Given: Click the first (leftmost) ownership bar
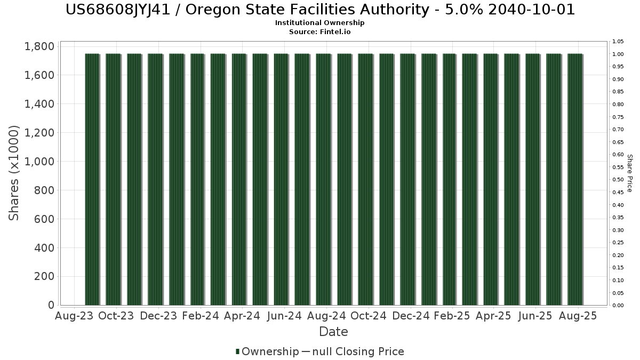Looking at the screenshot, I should click(x=92, y=179).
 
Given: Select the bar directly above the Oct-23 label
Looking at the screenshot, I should click(x=113, y=179).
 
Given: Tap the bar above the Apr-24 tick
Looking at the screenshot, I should click(x=239, y=179).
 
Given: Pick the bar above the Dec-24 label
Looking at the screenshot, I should click(x=407, y=179).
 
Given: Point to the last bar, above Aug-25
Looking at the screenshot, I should click(x=575, y=179).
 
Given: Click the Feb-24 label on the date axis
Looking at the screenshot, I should click(x=201, y=316).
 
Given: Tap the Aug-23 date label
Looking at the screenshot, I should click(x=74, y=316).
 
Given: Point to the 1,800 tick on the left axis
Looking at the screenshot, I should click(x=39, y=46).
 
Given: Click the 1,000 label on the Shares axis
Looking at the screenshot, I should click(x=39, y=162).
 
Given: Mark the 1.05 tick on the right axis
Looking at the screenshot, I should click(x=618, y=42).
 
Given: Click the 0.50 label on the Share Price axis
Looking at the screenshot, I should click(x=618, y=180).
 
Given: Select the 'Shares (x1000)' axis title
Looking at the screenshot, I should click(x=14, y=172).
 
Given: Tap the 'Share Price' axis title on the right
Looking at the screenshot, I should click(x=629, y=173).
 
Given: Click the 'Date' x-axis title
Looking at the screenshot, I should click(x=333, y=332).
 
